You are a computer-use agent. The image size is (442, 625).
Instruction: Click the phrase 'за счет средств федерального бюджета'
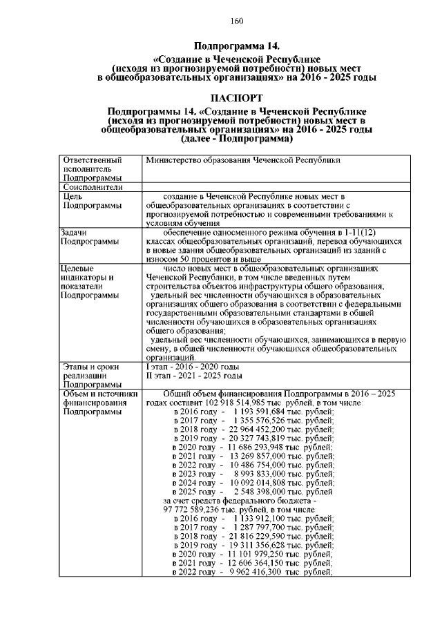(227, 501)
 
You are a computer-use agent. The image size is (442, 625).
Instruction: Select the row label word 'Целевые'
(77, 268)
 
